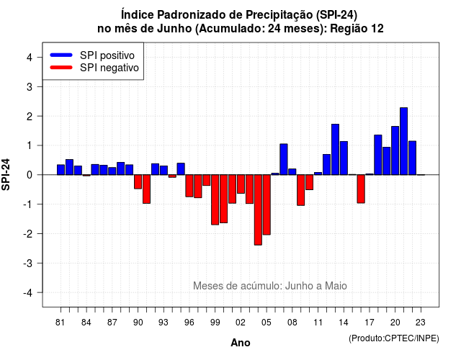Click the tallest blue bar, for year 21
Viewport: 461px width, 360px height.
(x=403, y=141)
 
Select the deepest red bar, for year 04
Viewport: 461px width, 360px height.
(x=258, y=210)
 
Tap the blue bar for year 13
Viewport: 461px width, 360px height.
(x=335, y=149)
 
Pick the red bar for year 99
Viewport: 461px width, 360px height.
(x=215, y=200)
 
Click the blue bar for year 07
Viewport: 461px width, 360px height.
(x=284, y=159)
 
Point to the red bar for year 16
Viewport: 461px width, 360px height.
(x=361, y=189)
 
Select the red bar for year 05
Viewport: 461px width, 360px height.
(x=267, y=204)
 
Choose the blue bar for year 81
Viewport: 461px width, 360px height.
(x=61, y=170)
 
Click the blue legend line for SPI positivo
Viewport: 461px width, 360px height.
(x=61, y=55)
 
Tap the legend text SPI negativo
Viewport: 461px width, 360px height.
(x=109, y=68)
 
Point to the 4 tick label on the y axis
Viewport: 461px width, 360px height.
(x=30, y=58)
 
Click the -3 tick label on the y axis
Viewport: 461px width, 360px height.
(x=28, y=264)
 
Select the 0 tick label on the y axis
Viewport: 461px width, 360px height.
(x=30, y=175)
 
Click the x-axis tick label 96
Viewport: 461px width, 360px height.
(x=189, y=323)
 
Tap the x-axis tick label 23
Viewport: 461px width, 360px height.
(x=421, y=323)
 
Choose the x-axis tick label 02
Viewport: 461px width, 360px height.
(x=241, y=323)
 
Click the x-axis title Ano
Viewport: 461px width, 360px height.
(x=241, y=343)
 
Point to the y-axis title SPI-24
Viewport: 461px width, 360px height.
(x=6, y=174)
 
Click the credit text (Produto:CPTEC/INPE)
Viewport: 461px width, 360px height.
(x=394, y=338)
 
